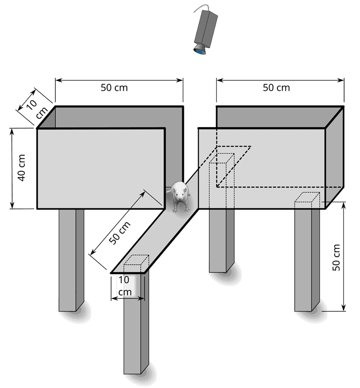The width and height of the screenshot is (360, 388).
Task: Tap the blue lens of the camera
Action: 200,52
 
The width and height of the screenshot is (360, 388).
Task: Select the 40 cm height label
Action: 22,168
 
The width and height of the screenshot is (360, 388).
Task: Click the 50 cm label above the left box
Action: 114,88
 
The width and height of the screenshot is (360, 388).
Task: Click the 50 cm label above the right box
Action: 276,88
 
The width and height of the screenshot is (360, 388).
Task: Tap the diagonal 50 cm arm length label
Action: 120,232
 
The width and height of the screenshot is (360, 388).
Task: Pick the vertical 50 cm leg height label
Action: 336,257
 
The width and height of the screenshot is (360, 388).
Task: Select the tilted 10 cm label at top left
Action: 36,108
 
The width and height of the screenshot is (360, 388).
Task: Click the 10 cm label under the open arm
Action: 125,286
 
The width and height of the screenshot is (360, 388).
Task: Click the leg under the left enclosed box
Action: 71,260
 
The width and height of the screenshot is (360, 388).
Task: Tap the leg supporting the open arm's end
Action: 136,321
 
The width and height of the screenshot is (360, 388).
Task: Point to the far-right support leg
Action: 307,260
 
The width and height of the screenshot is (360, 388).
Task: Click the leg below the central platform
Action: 222,240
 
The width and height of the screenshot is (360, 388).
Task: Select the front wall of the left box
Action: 101,169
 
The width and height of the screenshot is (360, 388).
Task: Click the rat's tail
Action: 168,191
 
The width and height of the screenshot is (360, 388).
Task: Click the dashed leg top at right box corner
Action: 307,198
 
